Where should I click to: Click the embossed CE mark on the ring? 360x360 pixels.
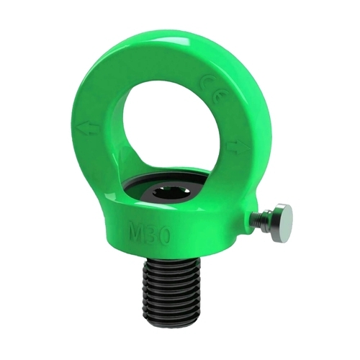(210, 91)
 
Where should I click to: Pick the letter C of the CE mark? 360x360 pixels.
(206, 82)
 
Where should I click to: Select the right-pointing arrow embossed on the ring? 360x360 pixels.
(238, 147)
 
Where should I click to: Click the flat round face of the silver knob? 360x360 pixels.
(286, 220)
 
